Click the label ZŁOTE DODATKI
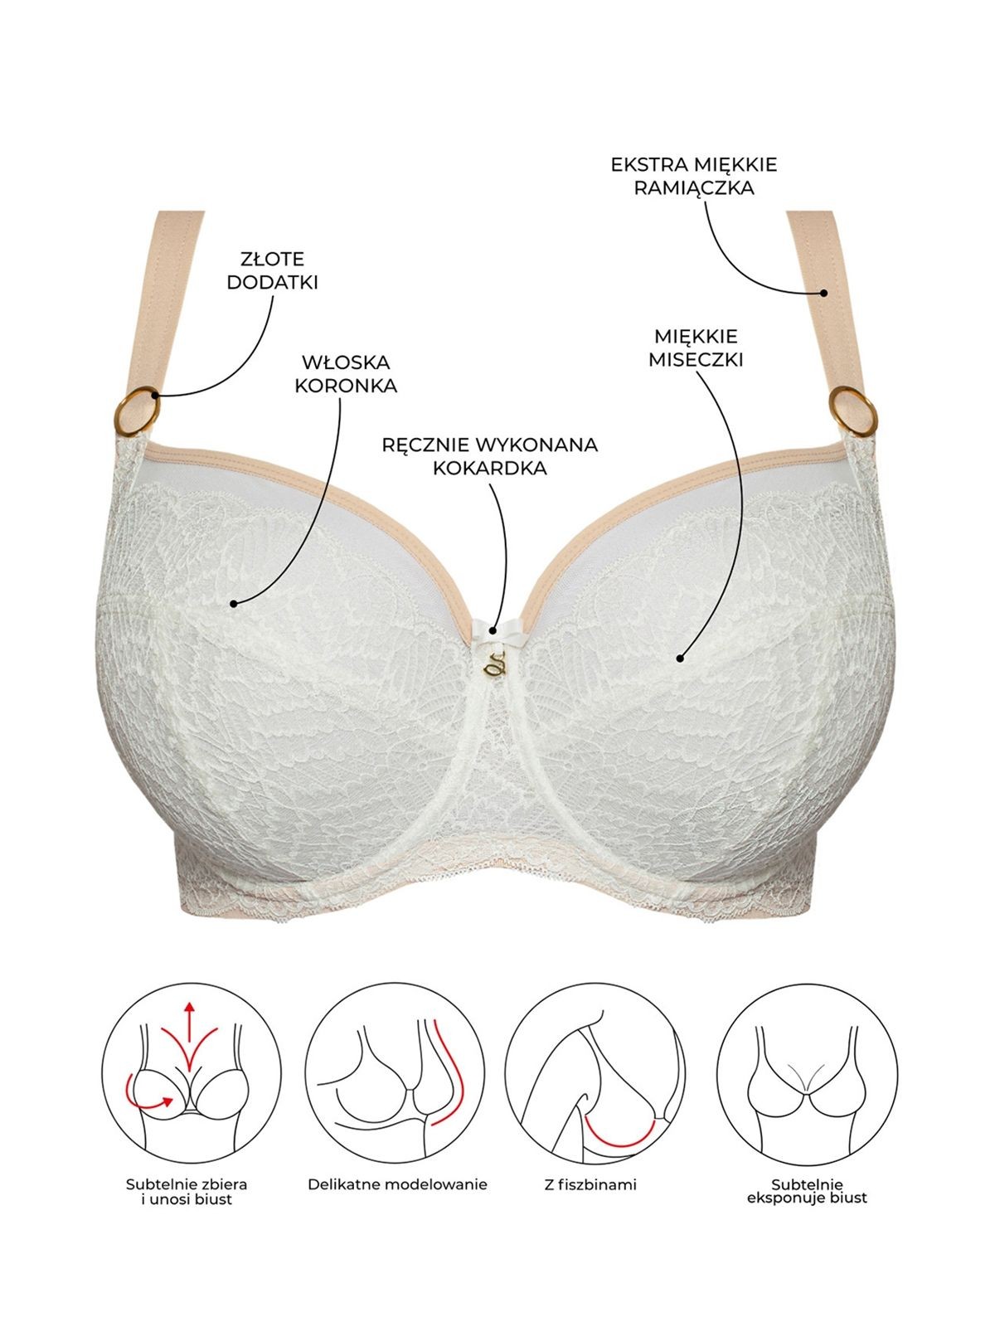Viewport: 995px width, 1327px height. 272,271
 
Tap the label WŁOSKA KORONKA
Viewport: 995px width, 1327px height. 346,374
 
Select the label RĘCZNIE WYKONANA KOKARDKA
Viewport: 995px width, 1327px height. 489,456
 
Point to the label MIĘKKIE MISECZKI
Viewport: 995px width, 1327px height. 696,348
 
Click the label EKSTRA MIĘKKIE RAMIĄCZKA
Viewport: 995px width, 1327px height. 694,177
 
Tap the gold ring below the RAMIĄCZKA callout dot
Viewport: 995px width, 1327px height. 853,411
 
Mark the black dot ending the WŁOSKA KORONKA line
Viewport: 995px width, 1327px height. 233,603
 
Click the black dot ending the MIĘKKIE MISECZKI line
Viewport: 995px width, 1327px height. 680,659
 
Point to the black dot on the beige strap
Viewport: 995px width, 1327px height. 823,293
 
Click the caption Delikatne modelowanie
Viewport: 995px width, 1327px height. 397,1184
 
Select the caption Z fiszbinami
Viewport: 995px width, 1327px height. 590,1184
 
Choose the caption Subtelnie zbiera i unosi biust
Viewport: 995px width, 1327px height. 187,1191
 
